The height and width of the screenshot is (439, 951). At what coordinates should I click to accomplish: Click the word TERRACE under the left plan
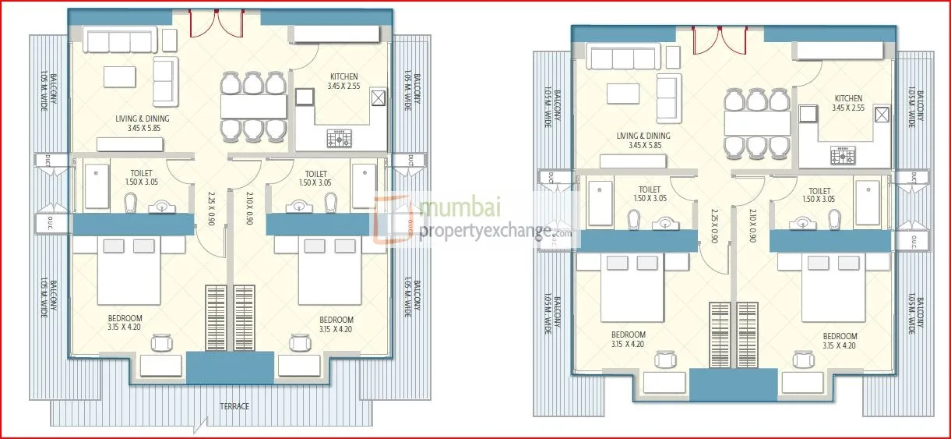(x=234, y=406)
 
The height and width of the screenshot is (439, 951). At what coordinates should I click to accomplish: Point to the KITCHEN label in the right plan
(x=848, y=98)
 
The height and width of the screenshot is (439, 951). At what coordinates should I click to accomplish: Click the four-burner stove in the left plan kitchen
(x=340, y=140)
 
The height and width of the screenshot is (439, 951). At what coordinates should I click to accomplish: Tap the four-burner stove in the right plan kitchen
(x=843, y=155)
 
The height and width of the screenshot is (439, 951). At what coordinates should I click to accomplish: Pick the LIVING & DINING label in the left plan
(x=143, y=119)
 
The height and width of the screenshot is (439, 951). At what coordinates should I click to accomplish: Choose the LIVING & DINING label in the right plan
(x=643, y=136)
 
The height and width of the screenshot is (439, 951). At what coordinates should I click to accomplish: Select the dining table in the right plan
(x=757, y=123)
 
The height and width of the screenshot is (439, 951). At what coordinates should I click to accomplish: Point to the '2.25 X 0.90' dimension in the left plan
(x=211, y=208)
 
